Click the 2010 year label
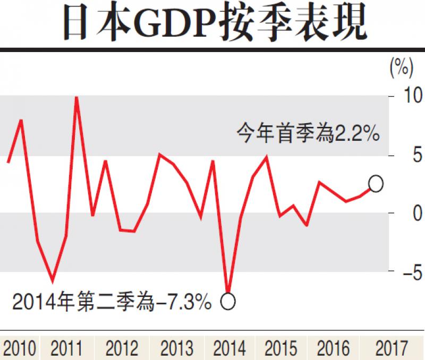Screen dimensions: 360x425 coord(20,349)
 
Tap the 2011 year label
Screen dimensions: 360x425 coord(67,349)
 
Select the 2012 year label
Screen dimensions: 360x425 coord(123,349)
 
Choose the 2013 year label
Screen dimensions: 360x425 coord(176,349)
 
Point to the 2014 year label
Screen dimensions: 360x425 coord(229,349)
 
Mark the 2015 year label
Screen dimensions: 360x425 coord(281,349)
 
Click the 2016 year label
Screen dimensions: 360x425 coord(334,349)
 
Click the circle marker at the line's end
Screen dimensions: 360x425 coord(376,184)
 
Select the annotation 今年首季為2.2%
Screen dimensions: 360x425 coord(308,133)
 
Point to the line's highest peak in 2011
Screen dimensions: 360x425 coord(76,98)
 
